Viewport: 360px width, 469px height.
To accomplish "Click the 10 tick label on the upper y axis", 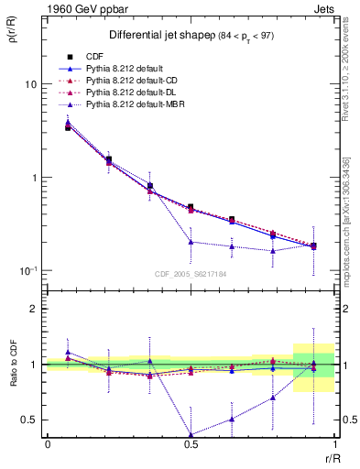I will [x=30, y=84].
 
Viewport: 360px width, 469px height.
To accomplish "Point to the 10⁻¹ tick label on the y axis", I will [x=28, y=271].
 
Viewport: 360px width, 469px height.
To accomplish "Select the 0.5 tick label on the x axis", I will [x=191, y=444].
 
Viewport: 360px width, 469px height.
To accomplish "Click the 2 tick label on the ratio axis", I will [x=35, y=310].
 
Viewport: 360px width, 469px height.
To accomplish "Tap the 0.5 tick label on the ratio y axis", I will [x=30, y=420].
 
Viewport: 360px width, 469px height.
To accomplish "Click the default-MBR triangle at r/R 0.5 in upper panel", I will [x=191, y=242].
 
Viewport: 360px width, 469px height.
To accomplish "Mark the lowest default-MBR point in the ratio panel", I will [x=191, y=435].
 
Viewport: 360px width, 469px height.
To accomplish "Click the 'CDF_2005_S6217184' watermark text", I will [x=191, y=274].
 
